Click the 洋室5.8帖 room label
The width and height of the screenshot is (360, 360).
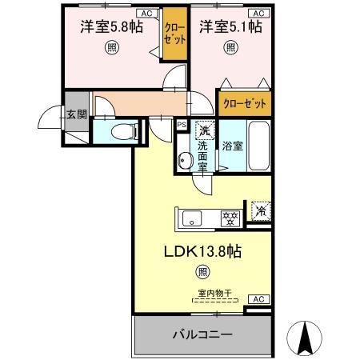[111, 27]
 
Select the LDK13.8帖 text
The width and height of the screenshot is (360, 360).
[203, 251]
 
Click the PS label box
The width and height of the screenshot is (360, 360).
[182, 125]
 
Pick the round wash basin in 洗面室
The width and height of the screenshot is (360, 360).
[184, 158]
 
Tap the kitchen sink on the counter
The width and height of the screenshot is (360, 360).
[194, 217]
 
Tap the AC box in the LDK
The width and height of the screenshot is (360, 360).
[258, 298]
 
